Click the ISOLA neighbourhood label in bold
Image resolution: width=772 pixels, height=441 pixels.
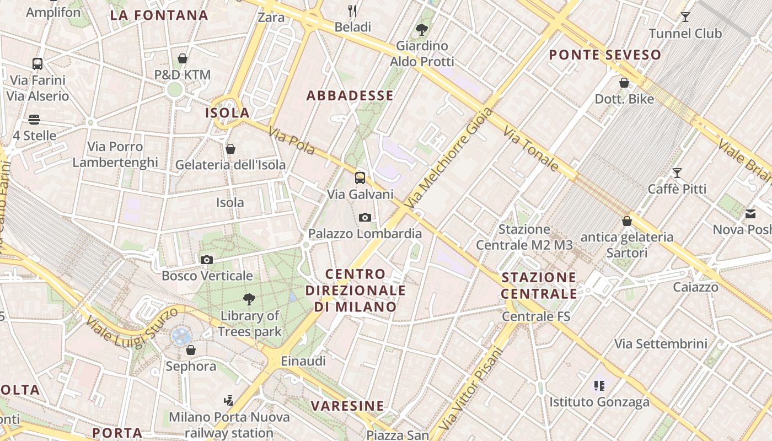[x=227, y=113]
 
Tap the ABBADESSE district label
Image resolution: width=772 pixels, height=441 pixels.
[x=350, y=96]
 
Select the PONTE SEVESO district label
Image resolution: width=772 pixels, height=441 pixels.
[x=605, y=55]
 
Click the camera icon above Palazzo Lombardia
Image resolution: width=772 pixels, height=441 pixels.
[x=364, y=218]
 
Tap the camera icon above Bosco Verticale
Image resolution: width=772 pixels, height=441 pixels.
[x=207, y=260]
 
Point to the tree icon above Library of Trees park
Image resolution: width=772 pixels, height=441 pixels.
[x=249, y=299]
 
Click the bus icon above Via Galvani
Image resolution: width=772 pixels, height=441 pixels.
[x=360, y=178]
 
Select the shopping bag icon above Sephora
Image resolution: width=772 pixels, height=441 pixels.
[x=191, y=350]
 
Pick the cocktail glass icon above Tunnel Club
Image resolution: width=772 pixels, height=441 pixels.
[x=685, y=17]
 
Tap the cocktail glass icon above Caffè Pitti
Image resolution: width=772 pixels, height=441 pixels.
[x=677, y=173]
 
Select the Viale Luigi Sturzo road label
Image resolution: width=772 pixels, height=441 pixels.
[x=132, y=329]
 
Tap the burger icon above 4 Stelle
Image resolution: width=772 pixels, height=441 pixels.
[x=34, y=120]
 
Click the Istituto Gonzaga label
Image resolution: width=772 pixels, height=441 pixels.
[x=599, y=402]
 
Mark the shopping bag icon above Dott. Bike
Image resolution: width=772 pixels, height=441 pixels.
[x=624, y=83]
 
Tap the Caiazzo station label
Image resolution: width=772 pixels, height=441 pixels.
[x=696, y=287]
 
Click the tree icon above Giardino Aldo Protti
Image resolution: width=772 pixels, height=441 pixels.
[x=422, y=29]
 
